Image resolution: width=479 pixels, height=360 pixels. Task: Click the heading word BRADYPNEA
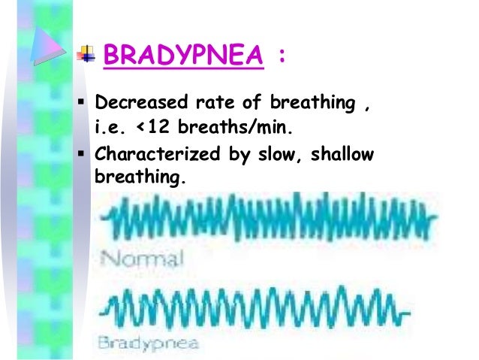pyautogui.click(x=183, y=56)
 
